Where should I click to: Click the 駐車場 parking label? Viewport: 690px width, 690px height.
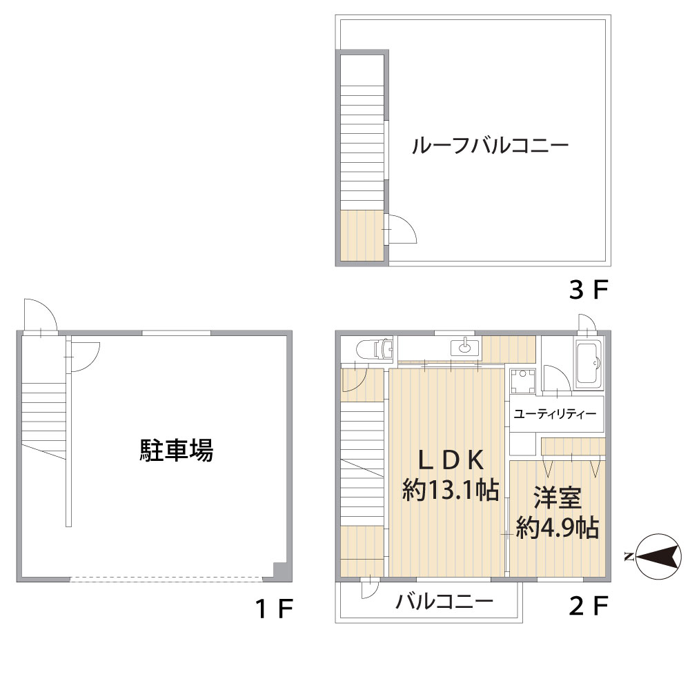[x=177, y=450]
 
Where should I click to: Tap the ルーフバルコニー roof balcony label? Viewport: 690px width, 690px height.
[x=490, y=145]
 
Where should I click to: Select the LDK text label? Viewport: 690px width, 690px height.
[x=451, y=461]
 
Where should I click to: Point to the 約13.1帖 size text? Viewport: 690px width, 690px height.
[x=451, y=490]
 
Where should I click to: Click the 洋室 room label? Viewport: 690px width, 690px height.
[x=558, y=497]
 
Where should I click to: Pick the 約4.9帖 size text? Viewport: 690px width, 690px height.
[x=557, y=527]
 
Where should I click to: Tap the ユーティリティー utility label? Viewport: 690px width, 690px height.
[x=555, y=414]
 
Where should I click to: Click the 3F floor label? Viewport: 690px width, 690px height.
[x=589, y=290]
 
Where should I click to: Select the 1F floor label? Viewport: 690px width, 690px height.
[x=274, y=609]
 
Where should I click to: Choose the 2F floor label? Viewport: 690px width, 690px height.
[x=589, y=606]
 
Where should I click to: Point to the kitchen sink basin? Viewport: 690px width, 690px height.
[x=464, y=348]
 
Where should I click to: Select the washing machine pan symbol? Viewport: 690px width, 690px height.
[x=523, y=382]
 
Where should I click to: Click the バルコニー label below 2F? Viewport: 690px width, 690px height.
[x=444, y=602]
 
